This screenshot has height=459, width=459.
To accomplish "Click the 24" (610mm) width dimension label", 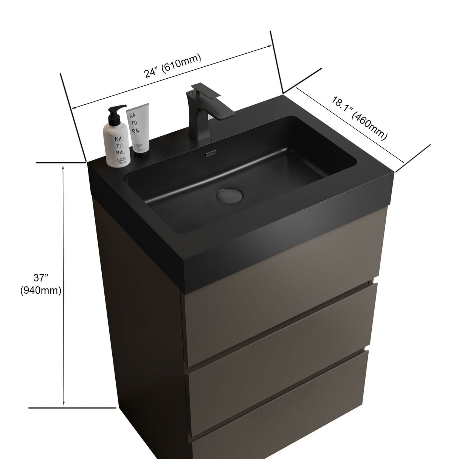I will tap(172, 67).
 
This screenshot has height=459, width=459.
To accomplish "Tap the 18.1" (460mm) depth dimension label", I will tap(360, 118).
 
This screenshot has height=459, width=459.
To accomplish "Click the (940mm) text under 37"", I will tap(41, 290).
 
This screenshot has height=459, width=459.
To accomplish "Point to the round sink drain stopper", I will tap(229, 195).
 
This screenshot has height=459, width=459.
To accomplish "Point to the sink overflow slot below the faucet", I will tap(210, 154).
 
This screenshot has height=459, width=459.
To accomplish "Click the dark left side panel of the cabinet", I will tap(144, 321).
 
